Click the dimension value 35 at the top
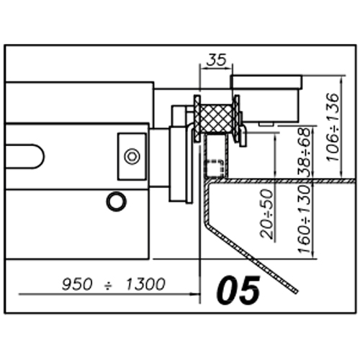[x=216, y=60]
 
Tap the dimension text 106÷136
[x=333, y=127]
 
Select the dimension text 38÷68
[x=305, y=151]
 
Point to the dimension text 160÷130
[x=305, y=220]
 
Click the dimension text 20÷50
[x=267, y=214]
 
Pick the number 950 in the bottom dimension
[x=77, y=284]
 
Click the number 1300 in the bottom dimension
[x=145, y=284]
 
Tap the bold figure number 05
[x=238, y=290]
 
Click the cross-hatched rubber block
[x=215, y=119]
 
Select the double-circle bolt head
[x=132, y=156]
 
